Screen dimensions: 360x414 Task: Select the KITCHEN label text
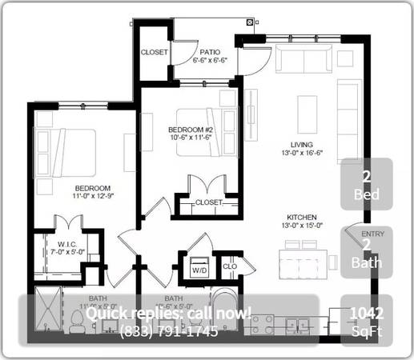click(303, 218)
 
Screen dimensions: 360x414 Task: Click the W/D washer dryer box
click(198, 270)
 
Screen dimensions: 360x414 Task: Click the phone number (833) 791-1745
click(168, 331)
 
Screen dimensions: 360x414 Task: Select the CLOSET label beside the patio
click(154, 52)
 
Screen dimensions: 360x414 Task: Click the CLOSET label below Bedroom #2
click(208, 202)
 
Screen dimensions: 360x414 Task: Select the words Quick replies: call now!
click(168, 313)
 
